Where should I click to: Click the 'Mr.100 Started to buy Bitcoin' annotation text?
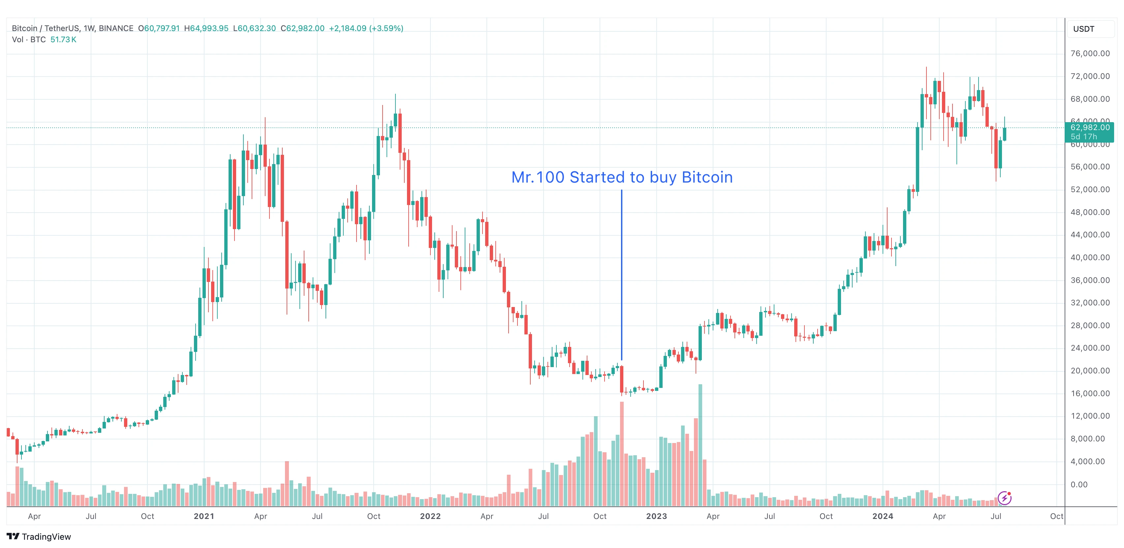(622, 177)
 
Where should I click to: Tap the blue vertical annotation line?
(622, 275)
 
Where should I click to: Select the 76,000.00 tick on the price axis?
(1090, 53)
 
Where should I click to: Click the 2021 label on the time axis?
(204, 516)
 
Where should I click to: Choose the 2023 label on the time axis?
(656, 516)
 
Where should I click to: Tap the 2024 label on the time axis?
(883, 516)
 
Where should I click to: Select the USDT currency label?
(1084, 29)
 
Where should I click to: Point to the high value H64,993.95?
(206, 28)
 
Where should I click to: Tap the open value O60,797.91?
(159, 28)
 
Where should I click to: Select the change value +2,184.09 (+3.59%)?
(366, 28)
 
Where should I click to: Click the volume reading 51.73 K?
(63, 40)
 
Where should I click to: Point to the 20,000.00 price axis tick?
(1090, 371)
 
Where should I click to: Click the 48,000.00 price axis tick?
(1090, 212)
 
